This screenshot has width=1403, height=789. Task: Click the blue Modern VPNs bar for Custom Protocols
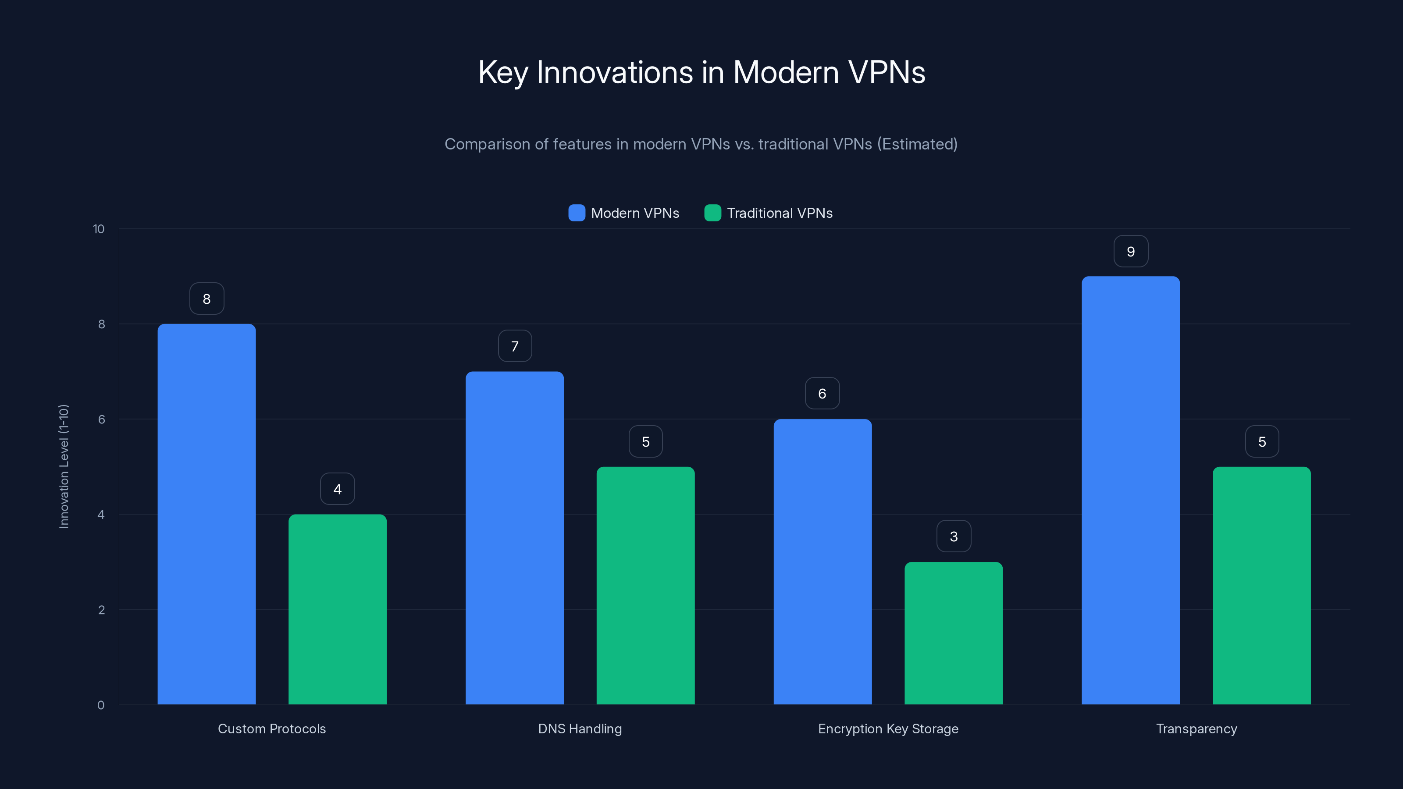point(207,514)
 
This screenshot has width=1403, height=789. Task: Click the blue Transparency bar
point(1130,490)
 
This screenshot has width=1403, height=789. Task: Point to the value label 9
point(1131,252)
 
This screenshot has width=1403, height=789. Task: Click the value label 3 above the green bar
point(953,537)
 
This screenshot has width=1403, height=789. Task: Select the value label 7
point(514,346)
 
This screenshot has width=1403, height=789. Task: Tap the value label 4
point(337,489)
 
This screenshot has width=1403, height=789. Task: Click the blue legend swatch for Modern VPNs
point(576,213)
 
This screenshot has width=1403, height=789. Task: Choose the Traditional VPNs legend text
point(780,213)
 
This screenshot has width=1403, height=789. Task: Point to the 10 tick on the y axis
point(99,229)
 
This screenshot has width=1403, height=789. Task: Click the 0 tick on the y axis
point(101,705)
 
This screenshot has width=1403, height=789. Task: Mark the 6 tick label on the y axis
point(101,419)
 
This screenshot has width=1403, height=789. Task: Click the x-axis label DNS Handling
point(580,729)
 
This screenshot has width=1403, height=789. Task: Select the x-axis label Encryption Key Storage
point(888,729)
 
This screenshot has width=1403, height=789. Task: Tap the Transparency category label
point(1196,729)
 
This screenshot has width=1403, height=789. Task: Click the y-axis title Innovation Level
point(64,466)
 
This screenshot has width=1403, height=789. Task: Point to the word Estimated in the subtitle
point(917,144)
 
